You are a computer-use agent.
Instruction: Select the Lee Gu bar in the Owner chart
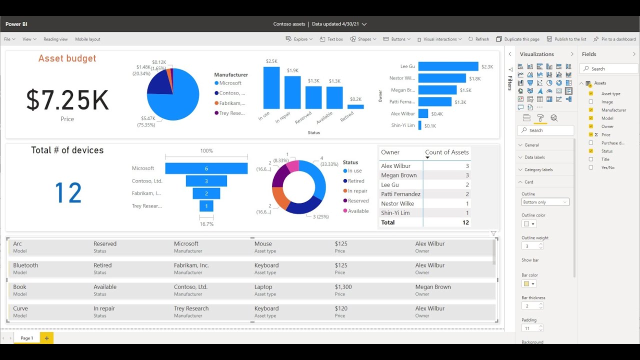tap(448, 66)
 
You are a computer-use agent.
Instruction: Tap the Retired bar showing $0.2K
tap(355, 106)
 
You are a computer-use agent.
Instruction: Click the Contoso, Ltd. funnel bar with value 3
tap(206, 181)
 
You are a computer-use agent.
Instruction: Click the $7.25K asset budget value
tap(67, 100)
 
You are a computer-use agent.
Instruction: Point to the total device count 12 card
tap(67, 192)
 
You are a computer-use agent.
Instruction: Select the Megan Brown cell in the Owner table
tap(398, 175)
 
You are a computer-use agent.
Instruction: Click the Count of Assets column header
tap(446, 152)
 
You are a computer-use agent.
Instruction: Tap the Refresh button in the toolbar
tap(478, 39)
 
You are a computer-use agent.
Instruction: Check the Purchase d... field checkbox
tap(591, 143)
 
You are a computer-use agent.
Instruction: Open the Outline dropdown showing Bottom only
tap(545, 202)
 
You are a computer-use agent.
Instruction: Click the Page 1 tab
tap(26, 338)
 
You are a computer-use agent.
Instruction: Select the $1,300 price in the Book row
tap(343, 287)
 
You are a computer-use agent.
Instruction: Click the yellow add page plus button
tap(46, 338)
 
